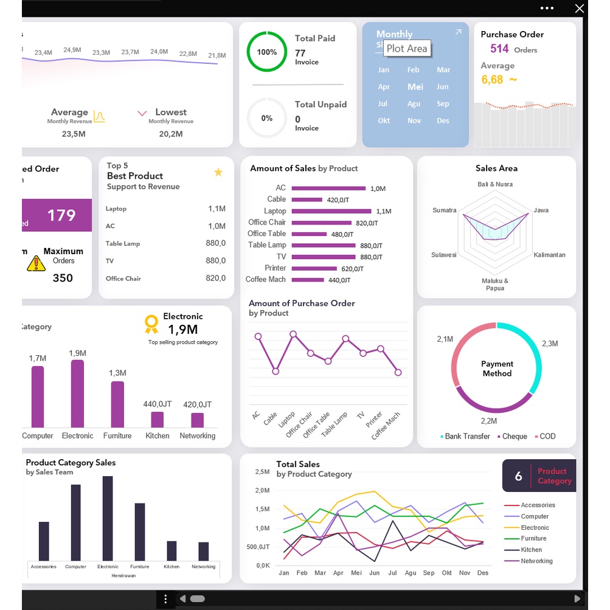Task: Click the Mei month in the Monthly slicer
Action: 415,86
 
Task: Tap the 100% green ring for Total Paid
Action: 266,52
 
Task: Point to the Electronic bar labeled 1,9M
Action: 77,393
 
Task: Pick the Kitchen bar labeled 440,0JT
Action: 157,420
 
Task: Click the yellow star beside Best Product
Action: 218,173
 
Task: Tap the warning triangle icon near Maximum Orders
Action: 36,263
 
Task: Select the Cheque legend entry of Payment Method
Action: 512,436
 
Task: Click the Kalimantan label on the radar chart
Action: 549,255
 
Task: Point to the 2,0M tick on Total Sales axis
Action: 262,490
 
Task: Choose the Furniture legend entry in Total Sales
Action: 533,538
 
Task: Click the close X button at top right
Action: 580,9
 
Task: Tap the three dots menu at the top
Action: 547,9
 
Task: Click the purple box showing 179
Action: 57,215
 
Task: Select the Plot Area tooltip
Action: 407,49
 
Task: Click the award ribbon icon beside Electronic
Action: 151,324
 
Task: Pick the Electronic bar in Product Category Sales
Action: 108,518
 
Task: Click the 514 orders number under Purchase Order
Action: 499,49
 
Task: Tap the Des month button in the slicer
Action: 443,120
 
